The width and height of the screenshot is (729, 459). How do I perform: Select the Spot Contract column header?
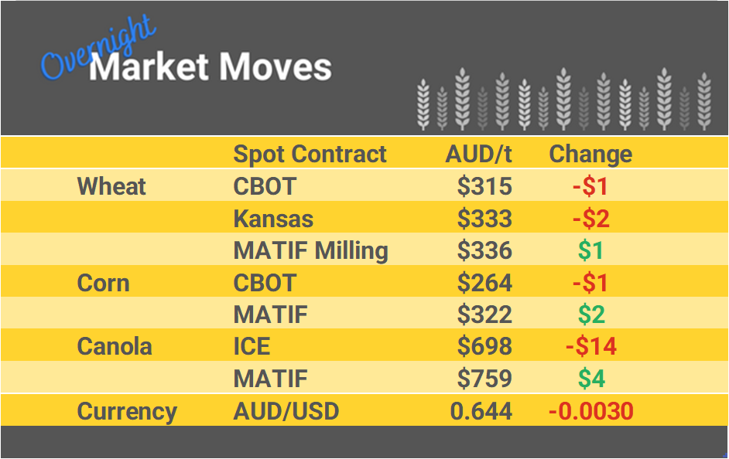pos(310,154)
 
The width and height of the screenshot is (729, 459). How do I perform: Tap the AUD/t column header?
pos(478,154)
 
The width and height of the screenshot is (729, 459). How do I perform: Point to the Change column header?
pos(590,154)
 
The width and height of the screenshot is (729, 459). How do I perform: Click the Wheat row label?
pos(111,186)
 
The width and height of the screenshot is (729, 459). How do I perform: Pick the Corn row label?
pos(103,283)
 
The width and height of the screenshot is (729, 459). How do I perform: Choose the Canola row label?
pos(115,346)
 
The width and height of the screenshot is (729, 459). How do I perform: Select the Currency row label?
pos(127,411)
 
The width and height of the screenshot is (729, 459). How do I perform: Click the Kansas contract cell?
pos(273,219)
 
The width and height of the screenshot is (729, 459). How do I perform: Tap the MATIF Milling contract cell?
pos(310,251)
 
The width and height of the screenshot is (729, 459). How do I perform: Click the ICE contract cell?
pos(252,346)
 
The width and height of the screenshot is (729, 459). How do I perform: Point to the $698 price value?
pos(484,346)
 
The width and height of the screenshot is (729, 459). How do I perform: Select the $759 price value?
pos(484,379)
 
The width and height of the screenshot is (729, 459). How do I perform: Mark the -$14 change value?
pos(590,346)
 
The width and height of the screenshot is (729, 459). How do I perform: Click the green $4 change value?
pos(590,379)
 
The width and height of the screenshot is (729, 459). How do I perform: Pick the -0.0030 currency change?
pos(590,411)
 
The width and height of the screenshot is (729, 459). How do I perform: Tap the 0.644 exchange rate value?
pos(481,411)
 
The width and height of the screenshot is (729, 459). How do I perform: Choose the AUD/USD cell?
pos(286,411)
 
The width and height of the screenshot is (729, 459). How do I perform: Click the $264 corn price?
pos(484,283)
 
